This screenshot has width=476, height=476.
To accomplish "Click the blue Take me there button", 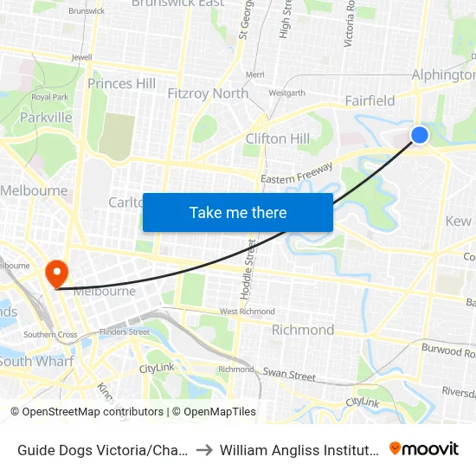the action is pos(238,212).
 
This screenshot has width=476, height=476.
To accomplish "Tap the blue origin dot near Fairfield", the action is pos(420,134).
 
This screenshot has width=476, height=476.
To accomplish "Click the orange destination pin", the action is pos(57,273).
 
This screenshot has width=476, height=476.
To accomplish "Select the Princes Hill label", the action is pos(122,84).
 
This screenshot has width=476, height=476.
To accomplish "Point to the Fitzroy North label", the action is pos(208,93).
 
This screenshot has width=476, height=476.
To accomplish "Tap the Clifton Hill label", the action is pos(277,138).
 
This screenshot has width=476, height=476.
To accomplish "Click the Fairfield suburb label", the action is pos(370,100).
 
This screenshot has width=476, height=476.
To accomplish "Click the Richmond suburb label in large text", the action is pos(303,330).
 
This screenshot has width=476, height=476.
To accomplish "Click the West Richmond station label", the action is pos(248,312).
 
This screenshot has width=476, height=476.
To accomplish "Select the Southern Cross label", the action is pos(50,334).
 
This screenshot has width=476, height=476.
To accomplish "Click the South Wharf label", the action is pos(36,361).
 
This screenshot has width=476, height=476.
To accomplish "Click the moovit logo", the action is pos(424,448).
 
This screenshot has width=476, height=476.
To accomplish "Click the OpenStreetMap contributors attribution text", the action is pos(89,412).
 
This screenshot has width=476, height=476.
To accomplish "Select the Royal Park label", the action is pos(49,97).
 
